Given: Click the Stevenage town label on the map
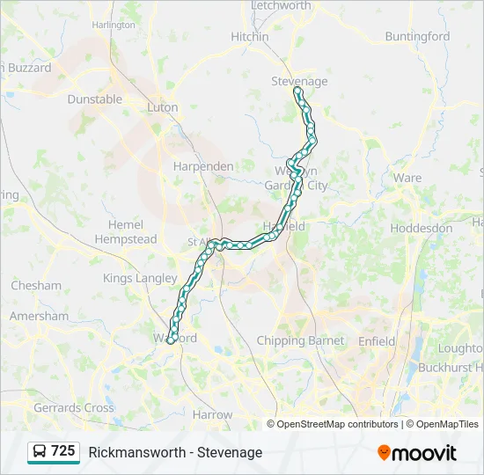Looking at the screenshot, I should point(299,82).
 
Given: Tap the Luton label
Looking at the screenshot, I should point(163,108).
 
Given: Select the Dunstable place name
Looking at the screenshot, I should point(95,99).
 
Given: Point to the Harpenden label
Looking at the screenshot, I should point(203,166).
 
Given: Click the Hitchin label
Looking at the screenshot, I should point(250,37).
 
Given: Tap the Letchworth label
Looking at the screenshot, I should point(282,6).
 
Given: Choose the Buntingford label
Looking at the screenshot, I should point(417,37).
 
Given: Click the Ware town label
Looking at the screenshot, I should point(407,178).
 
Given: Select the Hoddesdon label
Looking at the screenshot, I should point(422,228).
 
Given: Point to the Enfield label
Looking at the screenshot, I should point(377,341).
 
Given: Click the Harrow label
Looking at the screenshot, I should point(212,414).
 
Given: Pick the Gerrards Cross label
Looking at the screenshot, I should point(74,408).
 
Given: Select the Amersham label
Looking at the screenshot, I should point(39,317).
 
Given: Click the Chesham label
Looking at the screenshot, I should point(36,286).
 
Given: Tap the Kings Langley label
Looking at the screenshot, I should point(140,279).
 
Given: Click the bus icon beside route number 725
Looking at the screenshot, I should point(40,452).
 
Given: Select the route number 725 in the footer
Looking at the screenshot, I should point(63,451).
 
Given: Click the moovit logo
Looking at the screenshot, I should point(417,453).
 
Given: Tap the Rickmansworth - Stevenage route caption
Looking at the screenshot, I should point(175,453).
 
